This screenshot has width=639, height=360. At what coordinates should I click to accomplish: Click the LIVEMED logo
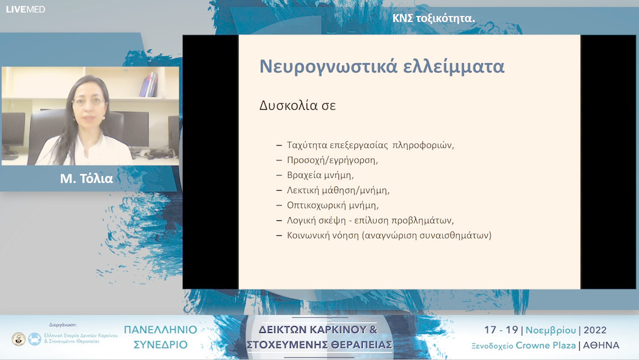25,9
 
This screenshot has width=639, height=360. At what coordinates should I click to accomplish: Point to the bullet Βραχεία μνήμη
320,175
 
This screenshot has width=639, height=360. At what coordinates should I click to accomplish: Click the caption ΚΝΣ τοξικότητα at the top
434,18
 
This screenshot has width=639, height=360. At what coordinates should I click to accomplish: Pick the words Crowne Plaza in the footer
545,345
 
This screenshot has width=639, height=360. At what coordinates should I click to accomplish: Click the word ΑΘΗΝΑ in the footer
601,345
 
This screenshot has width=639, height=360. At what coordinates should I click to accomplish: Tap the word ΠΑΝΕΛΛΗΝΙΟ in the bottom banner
160,330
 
